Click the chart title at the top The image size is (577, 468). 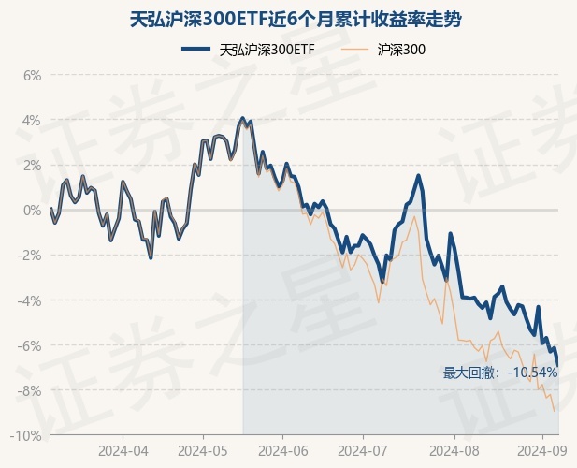click(288, 19)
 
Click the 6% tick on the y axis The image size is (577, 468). click(32, 75)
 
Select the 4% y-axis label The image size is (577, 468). click(32, 120)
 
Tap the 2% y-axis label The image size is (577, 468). click(32, 165)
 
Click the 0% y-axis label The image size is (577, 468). click(32, 211)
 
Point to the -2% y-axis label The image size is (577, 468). click(30, 256)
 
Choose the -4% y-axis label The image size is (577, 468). click(30, 300)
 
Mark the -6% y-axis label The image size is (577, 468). click(30, 345)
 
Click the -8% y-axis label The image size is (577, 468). click(30, 390)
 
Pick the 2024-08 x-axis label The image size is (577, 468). click(443, 450)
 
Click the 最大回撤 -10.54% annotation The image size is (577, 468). click(500, 373)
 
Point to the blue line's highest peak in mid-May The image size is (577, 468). click(243, 118)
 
